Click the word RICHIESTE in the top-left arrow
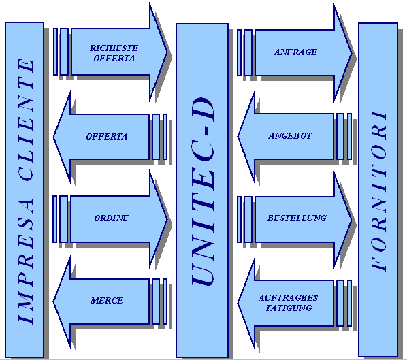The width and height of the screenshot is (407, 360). tap(114, 48)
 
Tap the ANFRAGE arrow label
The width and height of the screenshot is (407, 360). tap(295, 52)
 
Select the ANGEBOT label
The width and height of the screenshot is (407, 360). tap(290, 135)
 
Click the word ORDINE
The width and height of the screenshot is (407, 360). tap(111, 218)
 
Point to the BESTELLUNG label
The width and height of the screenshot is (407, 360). tap(297, 218)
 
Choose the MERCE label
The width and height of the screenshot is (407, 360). tap(107, 301)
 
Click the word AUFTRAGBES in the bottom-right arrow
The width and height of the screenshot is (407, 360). tap(288, 297)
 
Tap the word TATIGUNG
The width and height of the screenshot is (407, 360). tap(289, 308)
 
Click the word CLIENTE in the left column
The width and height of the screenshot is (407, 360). tap(26, 120)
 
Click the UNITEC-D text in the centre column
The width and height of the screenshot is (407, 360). tap(203, 191)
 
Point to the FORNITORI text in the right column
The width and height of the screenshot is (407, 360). tap(379, 191)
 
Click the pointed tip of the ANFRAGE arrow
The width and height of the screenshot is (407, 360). tap(353, 54)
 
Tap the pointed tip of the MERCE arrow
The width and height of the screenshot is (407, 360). tap(53, 301)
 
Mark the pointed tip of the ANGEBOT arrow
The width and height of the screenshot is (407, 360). tap(238, 136)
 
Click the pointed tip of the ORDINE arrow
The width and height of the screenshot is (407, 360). tap(168, 220)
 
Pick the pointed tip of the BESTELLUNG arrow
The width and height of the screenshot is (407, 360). tap(353, 220)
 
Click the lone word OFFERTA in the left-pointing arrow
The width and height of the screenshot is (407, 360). tap(107, 137)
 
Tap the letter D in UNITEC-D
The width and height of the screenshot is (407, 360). tap(203, 110)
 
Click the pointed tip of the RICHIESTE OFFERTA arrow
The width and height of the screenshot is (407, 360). tap(168, 52)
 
